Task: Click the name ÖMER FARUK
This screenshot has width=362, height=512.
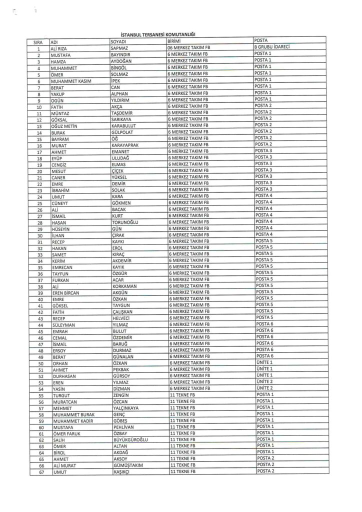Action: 65,433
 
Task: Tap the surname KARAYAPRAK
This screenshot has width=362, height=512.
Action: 126,144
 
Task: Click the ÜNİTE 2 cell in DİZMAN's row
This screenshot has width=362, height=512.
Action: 263,388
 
